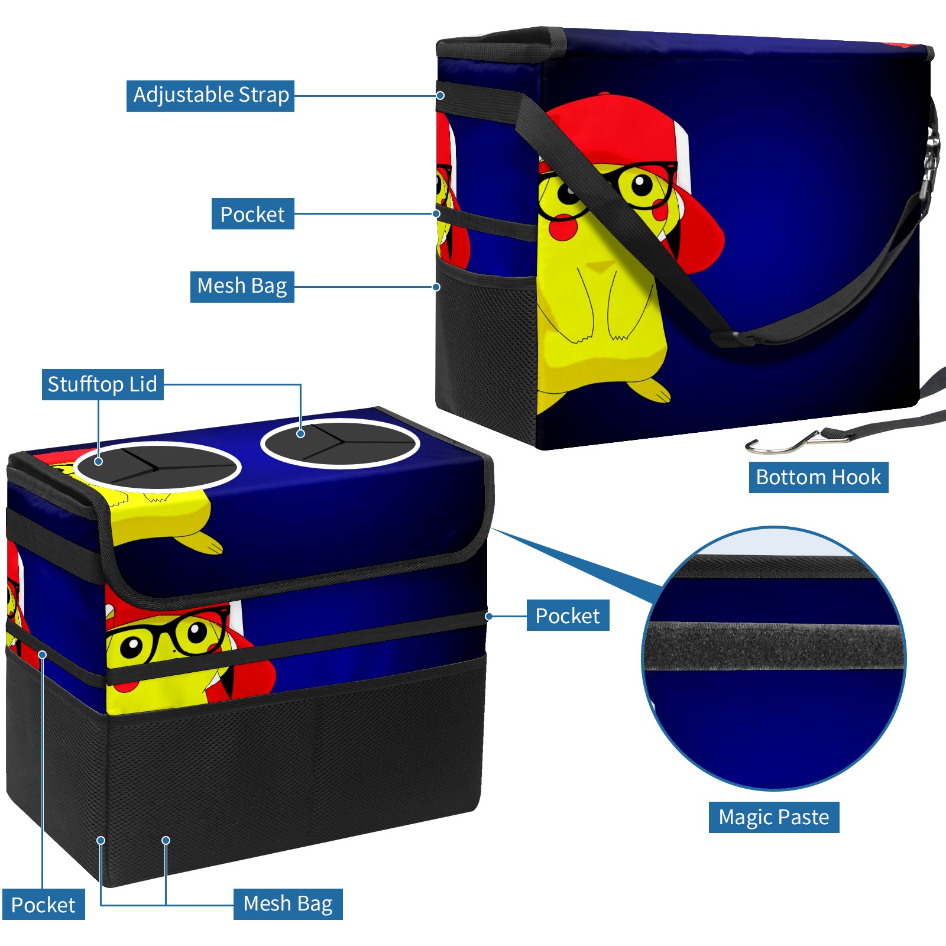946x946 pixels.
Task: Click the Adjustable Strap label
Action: [x=210, y=96]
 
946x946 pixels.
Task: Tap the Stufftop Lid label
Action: [x=102, y=384]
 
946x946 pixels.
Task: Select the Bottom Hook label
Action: [x=818, y=477]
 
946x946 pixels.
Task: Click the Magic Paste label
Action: [x=774, y=817]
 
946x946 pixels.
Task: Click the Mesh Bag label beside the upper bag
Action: [x=242, y=287]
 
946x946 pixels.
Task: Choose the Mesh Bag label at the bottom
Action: [x=288, y=904]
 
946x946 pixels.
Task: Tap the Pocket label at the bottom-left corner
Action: [x=43, y=905]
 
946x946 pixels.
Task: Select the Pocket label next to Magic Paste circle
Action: [x=568, y=615]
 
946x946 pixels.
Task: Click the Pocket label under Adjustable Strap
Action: [x=252, y=214]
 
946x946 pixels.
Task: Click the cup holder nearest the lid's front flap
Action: [x=158, y=466]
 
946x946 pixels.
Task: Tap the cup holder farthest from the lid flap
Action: [x=340, y=443]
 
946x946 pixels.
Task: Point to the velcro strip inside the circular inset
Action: [x=775, y=646]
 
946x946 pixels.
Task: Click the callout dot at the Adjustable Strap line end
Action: [x=440, y=95]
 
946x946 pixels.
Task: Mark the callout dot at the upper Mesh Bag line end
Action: [x=436, y=287]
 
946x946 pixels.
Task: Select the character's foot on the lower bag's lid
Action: [x=201, y=542]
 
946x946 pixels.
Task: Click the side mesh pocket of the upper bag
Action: [x=486, y=349]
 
